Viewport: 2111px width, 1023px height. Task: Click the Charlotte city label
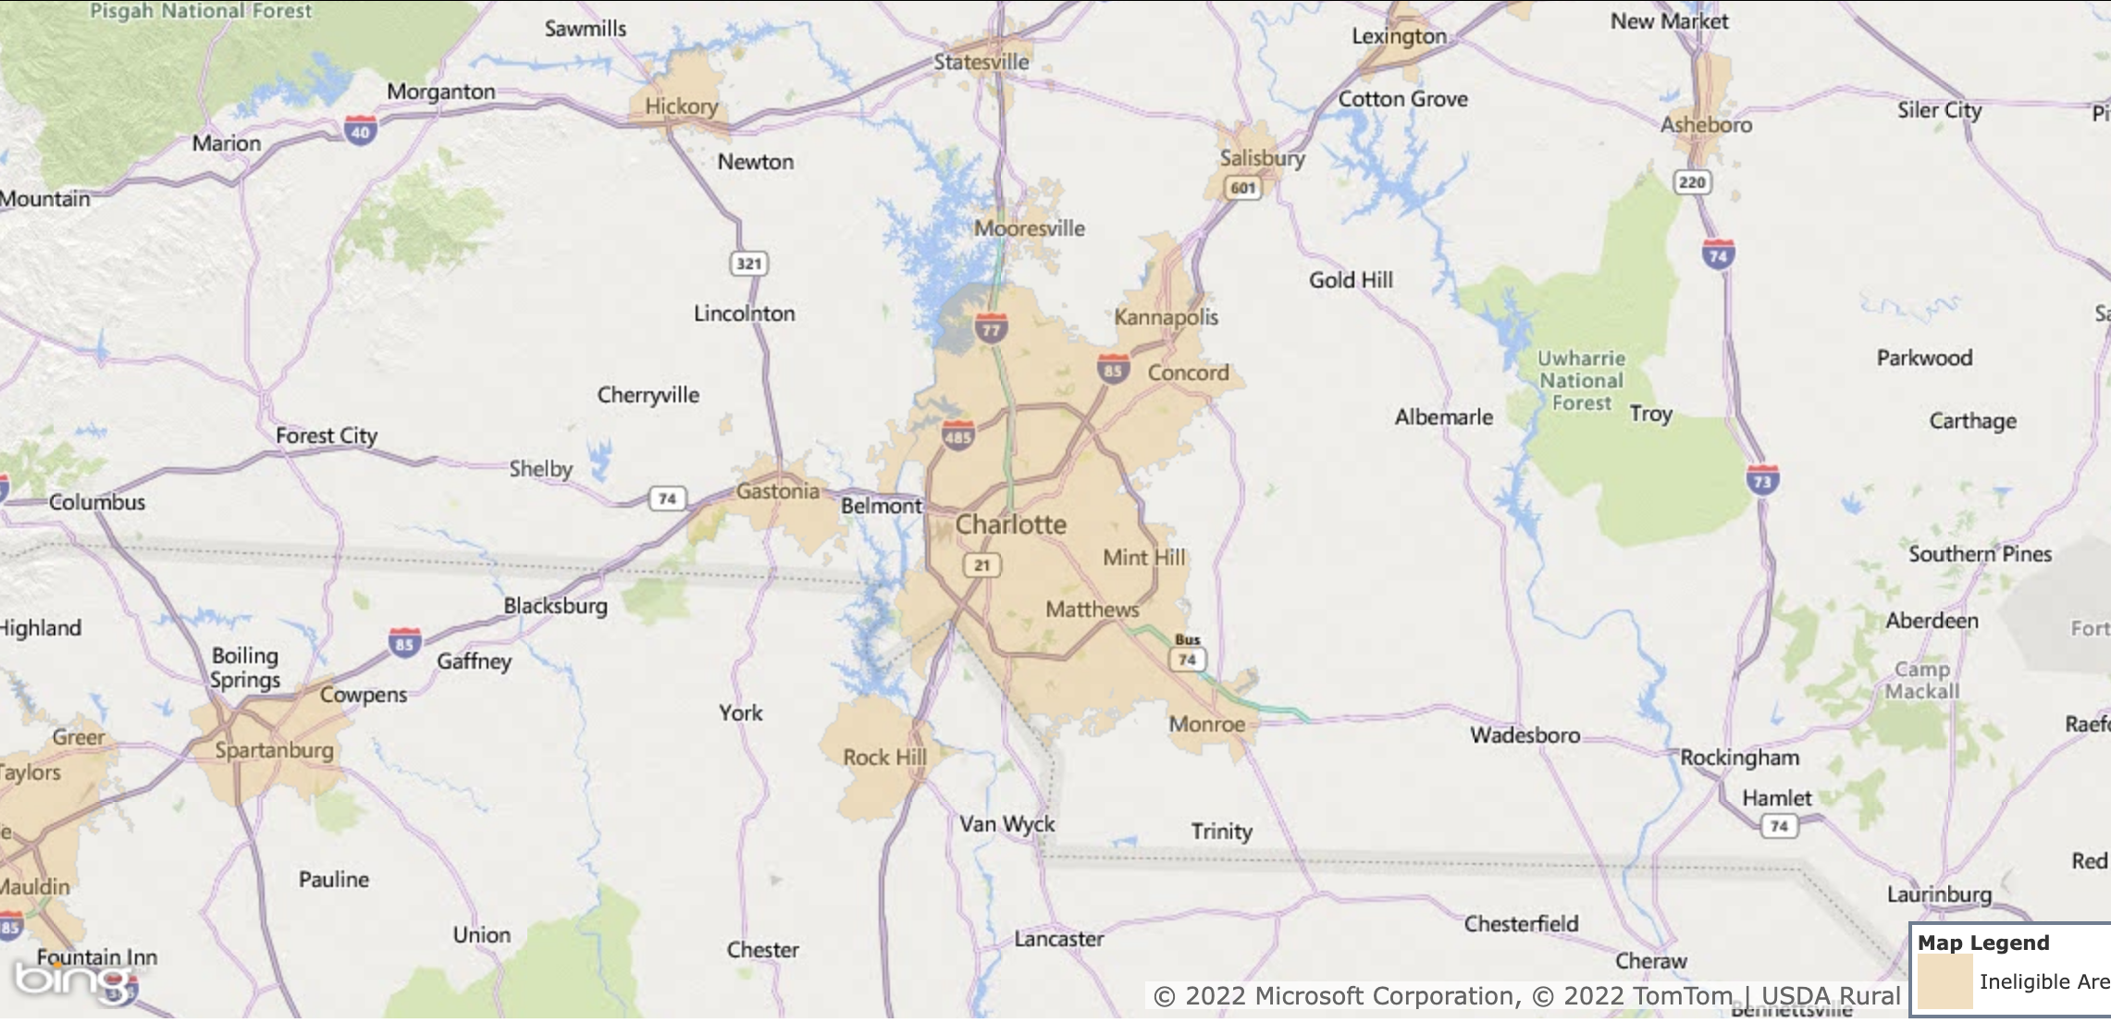(x=1010, y=524)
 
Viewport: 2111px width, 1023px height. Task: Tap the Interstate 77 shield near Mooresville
(x=991, y=328)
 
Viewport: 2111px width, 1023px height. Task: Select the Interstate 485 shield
(x=957, y=436)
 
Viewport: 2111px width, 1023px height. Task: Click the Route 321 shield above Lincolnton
(x=748, y=264)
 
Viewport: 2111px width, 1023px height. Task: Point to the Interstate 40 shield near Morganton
(x=361, y=131)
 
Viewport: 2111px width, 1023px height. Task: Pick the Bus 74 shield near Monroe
(x=1187, y=653)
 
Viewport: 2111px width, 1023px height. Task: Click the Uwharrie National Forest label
(x=1581, y=380)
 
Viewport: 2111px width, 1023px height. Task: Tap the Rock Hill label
(x=884, y=758)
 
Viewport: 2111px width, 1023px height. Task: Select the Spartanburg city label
(x=274, y=750)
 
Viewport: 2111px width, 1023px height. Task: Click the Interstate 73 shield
(x=1762, y=480)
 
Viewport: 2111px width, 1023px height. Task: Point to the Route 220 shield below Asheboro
(x=1692, y=181)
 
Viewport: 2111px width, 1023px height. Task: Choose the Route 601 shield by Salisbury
(x=1242, y=188)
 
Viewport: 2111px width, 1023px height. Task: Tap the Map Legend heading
(x=1983, y=943)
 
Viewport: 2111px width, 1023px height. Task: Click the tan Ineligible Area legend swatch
(x=1944, y=982)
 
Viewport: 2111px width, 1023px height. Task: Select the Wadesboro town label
(x=1525, y=735)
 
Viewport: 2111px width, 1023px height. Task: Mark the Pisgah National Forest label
(x=201, y=11)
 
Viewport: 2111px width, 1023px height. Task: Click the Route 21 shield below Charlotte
(x=981, y=565)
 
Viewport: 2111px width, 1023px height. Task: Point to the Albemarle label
(x=1443, y=417)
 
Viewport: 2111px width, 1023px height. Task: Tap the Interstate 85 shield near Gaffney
(x=404, y=643)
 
